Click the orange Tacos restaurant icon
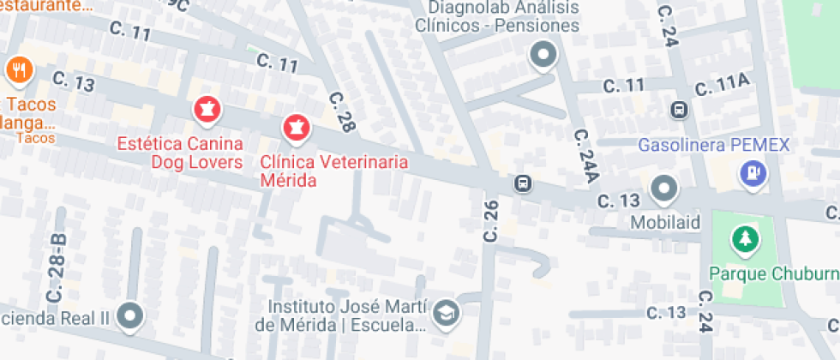(18, 70)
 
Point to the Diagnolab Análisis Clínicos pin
(543, 57)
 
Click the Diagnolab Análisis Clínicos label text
(497, 16)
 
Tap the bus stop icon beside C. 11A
(679, 110)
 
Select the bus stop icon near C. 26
(521, 183)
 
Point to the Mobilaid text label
(666, 223)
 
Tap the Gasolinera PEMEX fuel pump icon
(753, 174)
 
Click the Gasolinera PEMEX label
(713, 144)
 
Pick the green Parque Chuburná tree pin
(745, 239)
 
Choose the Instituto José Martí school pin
(446, 312)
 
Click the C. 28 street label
(341, 111)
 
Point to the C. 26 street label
(490, 220)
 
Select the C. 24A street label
(585, 157)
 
